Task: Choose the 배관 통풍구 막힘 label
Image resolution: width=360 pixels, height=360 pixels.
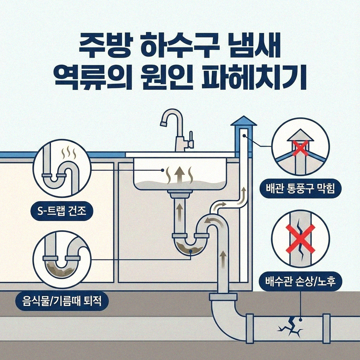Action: [301, 189]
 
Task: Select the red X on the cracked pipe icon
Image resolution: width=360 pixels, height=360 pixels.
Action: [301, 239]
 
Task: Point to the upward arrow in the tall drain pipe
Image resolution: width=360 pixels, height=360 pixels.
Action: [222, 258]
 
